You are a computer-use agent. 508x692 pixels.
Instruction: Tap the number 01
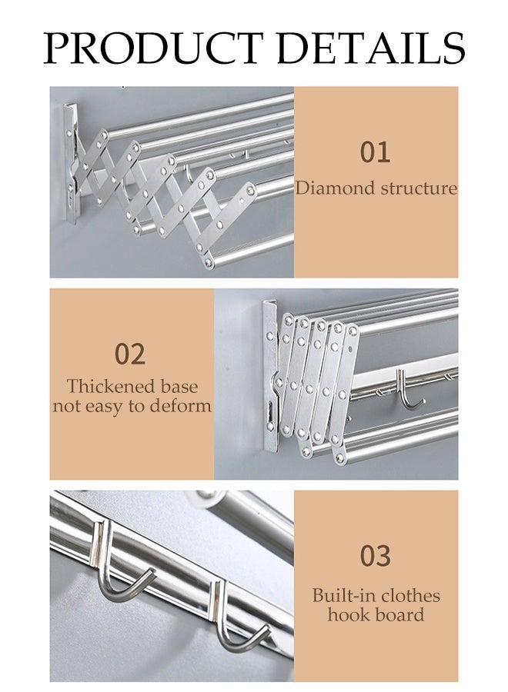376,151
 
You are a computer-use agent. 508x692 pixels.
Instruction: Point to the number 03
376,554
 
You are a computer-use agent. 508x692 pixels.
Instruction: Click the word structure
419,188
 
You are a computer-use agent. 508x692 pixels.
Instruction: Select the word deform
179,405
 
